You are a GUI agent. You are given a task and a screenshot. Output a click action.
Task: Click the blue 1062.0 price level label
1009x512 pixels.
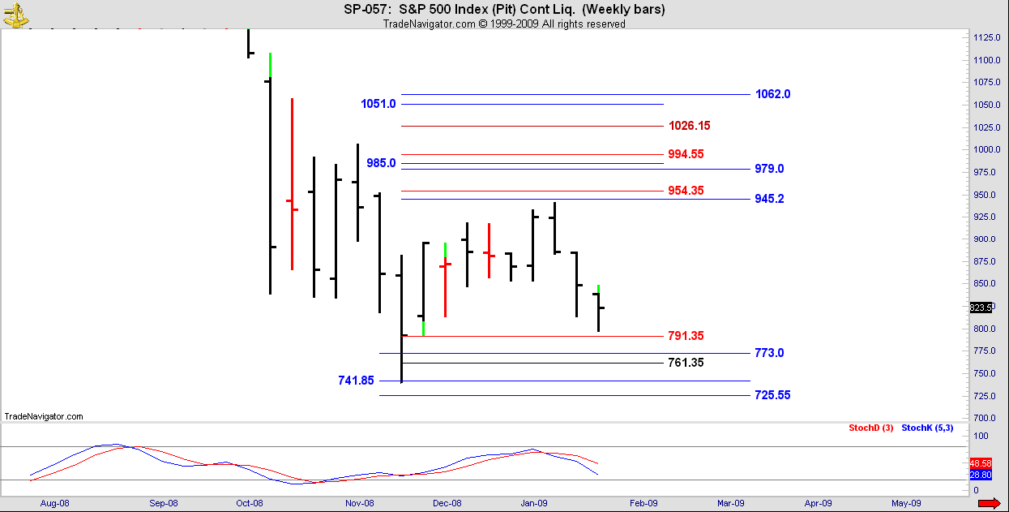point(772,94)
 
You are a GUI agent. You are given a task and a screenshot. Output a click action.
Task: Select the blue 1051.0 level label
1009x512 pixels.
point(378,104)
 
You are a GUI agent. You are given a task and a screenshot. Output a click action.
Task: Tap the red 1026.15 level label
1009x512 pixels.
point(689,126)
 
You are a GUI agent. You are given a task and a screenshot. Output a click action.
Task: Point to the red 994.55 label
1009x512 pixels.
point(686,154)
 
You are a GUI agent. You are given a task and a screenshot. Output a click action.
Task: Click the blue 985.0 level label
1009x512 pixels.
point(381,163)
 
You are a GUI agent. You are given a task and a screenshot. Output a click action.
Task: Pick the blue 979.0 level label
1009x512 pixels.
point(769,169)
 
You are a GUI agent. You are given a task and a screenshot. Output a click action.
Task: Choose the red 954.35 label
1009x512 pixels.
point(686,191)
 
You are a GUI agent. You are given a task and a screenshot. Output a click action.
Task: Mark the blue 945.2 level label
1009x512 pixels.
point(769,199)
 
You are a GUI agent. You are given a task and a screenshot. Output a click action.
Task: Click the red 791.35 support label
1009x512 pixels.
point(686,336)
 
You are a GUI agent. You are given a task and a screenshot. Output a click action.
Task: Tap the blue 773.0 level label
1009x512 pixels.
point(769,353)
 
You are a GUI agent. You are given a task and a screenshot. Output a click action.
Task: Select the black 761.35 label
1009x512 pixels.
point(686,363)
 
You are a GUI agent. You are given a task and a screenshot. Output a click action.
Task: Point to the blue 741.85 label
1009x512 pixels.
point(357,381)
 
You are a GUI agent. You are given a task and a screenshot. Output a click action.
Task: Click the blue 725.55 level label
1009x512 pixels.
point(772,395)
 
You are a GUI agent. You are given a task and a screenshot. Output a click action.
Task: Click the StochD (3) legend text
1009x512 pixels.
point(870,428)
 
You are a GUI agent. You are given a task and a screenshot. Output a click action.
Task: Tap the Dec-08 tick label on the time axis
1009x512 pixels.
point(447,503)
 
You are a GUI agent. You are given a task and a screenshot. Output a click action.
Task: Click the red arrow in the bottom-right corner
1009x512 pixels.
point(989,504)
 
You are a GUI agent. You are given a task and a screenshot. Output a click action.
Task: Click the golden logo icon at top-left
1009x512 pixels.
point(15,14)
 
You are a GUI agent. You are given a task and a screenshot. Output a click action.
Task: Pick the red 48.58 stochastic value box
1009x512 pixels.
point(980,462)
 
